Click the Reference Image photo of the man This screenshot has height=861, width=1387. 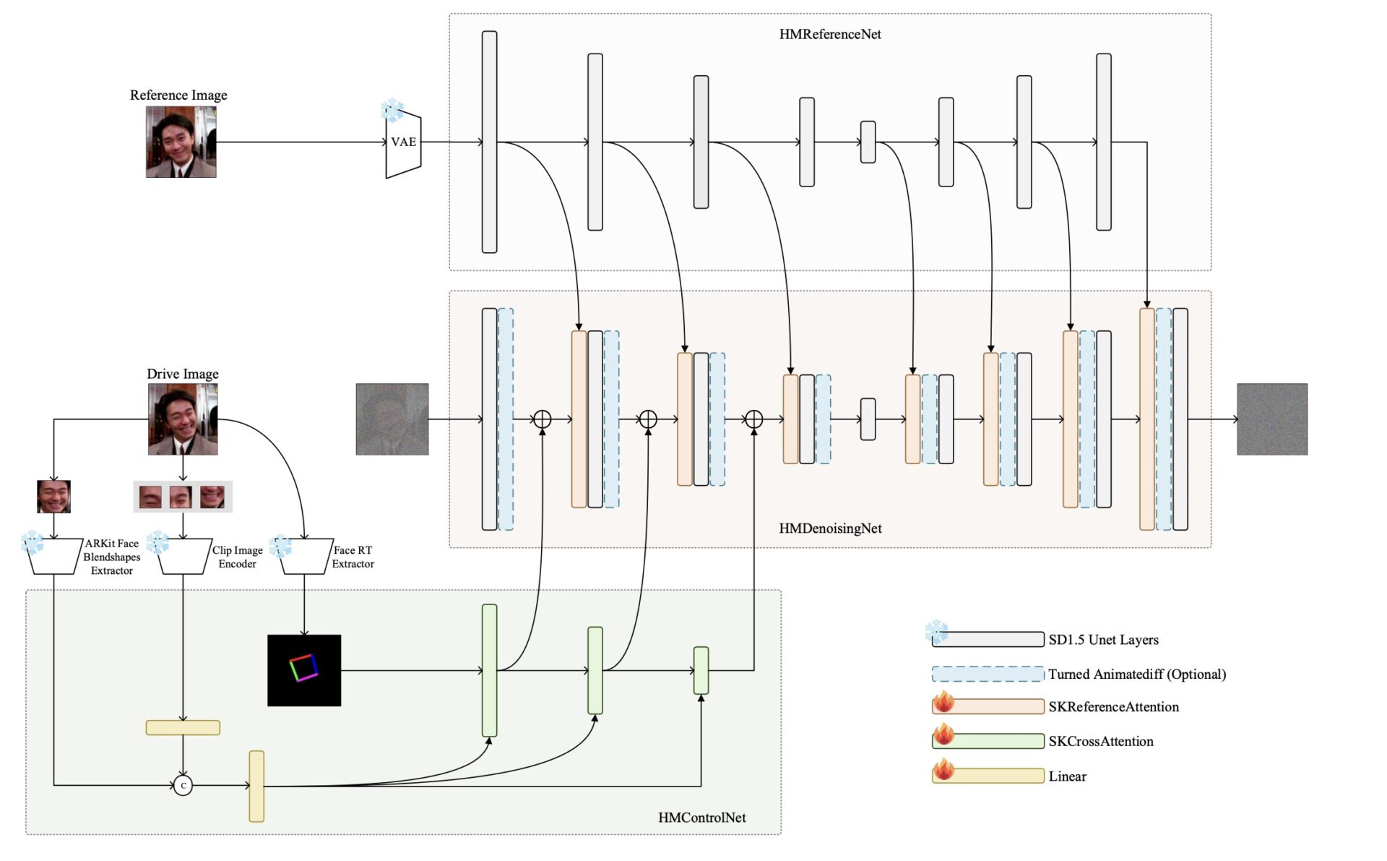point(181,142)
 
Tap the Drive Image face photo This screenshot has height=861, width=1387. point(183,419)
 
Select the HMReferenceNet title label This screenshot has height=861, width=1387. point(830,34)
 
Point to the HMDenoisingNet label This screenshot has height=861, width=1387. point(830,528)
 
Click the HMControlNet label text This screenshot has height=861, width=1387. point(701,818)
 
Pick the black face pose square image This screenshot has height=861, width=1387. point(304,670)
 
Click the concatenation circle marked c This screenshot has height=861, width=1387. point(183,785)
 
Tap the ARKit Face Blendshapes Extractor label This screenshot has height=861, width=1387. point(112,557)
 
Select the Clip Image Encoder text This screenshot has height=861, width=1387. point(237,557)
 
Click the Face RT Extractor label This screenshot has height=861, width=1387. point(353,557)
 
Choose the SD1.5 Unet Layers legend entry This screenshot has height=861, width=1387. point(1103,640)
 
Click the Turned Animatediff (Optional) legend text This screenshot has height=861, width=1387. point(1137,674)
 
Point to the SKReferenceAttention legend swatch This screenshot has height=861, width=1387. point(988,706)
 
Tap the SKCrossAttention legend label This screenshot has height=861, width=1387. point(1101,741)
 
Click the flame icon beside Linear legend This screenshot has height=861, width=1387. point(943,771)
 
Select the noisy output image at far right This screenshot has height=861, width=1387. point(1271,419)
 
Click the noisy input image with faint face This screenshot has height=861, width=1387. point(392,419)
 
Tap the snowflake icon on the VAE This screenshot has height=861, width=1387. point(392,111)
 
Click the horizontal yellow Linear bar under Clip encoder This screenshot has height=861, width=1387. point(183,727)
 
